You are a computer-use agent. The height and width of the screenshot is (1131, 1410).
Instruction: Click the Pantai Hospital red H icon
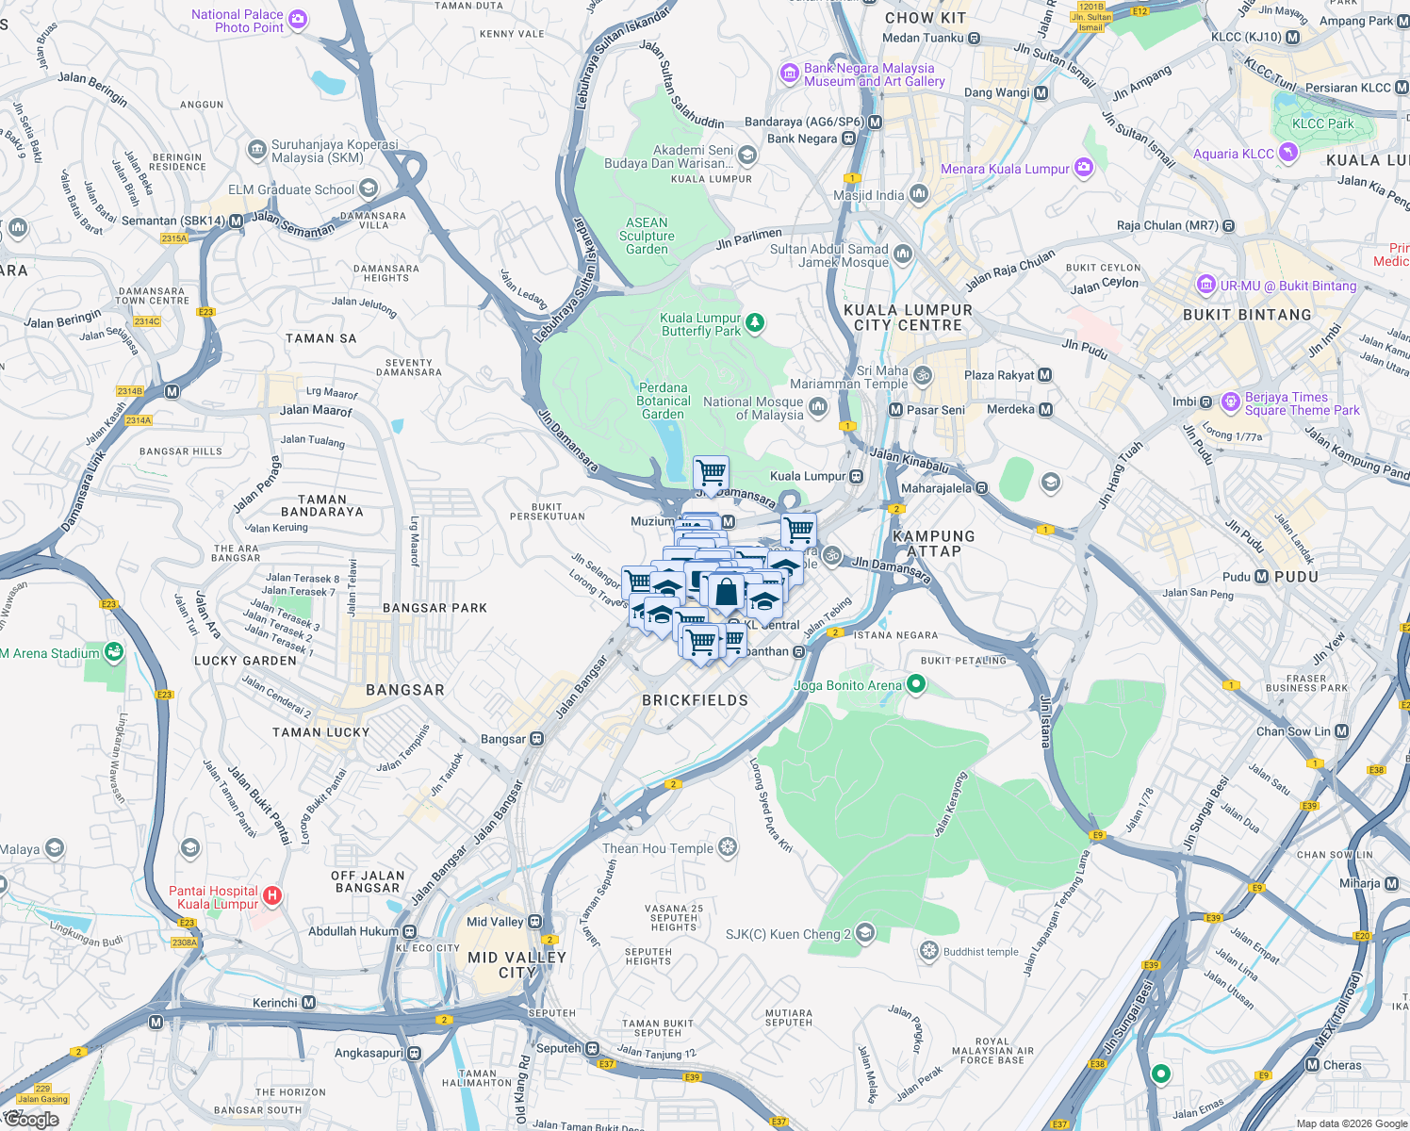(271, 895)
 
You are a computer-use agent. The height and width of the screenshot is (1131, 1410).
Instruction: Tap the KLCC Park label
(1322, 123)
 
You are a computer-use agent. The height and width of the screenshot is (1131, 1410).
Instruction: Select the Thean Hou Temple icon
(728, 847)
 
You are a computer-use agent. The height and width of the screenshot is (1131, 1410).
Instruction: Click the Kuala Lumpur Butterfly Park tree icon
(754, 324)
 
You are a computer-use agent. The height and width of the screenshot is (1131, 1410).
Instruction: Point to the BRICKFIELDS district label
(695, 700)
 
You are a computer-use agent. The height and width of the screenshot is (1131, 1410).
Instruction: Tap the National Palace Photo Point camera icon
(298, 20)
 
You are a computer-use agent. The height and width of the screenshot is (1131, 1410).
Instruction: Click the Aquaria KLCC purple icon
(1288, 153)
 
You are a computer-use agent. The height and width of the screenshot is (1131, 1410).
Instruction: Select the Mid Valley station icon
(535, 922)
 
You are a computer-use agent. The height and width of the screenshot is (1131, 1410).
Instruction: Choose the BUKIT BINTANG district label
(1246, 315)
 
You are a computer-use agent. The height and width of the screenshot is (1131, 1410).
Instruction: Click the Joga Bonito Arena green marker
(915, 685)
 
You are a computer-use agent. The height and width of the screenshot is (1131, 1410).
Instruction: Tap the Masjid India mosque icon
(919, 194)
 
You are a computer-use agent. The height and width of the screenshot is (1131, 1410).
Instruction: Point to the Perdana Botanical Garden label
(663, 401)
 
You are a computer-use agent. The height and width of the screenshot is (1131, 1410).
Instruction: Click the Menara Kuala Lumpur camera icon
(1084, 168)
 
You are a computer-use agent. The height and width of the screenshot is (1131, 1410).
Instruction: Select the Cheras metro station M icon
(1312, 1065)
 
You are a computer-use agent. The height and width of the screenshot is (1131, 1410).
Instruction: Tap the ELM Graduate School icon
(369, 188)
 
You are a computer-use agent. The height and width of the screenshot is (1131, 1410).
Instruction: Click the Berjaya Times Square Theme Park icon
(1230, 402)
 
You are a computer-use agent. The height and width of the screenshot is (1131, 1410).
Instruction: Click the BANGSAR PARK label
(434, 608)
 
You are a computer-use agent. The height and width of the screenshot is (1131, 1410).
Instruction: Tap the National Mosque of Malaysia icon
(817, 407)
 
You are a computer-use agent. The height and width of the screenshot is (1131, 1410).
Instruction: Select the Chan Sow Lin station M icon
(1342, 731)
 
